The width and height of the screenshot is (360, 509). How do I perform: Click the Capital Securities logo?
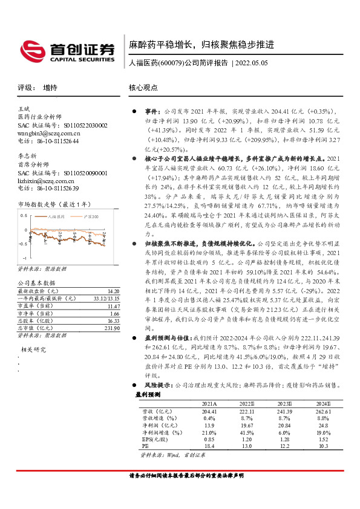coord(67,51)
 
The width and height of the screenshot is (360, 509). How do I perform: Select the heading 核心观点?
coord(143,87)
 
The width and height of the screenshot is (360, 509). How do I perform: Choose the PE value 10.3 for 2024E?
coord(322,446)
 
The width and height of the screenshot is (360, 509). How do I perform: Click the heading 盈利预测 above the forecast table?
coord(148,394)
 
